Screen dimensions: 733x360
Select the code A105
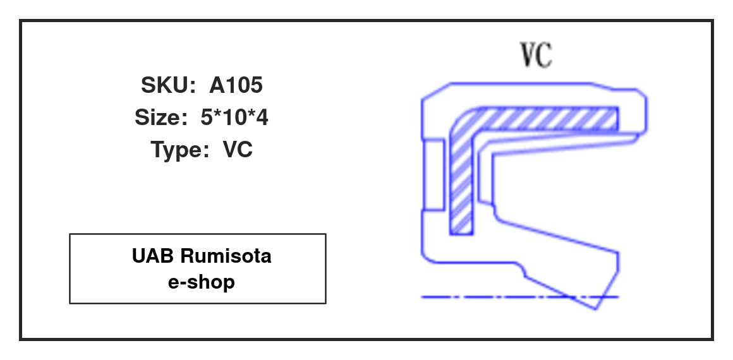click(x=236, y=85)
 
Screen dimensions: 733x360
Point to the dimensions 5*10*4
click(x=234, y=117)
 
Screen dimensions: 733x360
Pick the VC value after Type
click(x=238, y=150)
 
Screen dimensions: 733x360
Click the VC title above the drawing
click(x=536, y=55)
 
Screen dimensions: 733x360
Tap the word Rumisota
click(x=226, y=256)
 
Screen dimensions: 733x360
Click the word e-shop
click(x=202, y=282)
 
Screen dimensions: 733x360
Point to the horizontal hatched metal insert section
click(x=547, y=119)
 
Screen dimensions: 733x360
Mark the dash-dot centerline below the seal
click(x=520, y=297)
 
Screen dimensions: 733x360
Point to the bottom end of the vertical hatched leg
click(x=461, y=233)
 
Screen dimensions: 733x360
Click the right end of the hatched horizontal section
click(x=617, y=119)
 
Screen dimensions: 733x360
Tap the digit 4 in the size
click(x=262, y=117)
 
